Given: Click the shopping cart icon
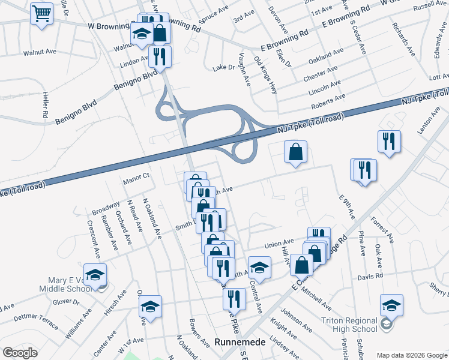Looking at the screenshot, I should [41, 13].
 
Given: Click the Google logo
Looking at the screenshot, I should [20, 353].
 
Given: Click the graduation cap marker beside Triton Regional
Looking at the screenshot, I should [391, 306].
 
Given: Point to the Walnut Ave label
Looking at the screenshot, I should [40, 52].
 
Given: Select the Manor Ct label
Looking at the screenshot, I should [136, 176].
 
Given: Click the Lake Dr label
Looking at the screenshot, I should [223, 68].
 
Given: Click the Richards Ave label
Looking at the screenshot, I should [403, 40].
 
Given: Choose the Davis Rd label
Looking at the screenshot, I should [370, 277].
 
